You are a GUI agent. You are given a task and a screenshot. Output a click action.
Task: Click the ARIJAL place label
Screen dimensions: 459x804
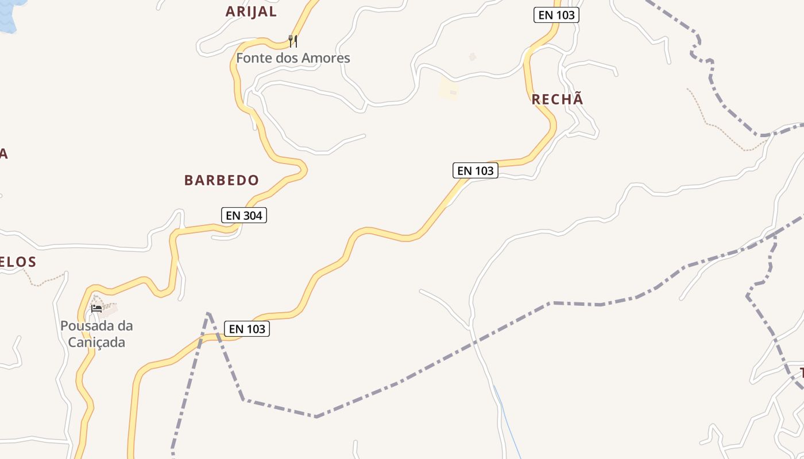coord(251,11)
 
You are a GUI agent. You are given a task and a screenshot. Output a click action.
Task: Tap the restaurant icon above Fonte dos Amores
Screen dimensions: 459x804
coord(293,41)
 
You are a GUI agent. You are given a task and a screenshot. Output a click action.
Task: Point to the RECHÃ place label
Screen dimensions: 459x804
coord(557,99)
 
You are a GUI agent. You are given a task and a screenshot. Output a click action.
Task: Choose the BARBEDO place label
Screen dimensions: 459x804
coord(222,180)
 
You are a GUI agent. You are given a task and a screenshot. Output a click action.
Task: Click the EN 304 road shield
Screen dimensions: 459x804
coord(244,215)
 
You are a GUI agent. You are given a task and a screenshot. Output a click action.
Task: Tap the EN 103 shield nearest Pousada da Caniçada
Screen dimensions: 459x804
coord(248,329)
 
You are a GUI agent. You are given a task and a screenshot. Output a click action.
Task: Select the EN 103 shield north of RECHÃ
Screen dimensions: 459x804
coord(556,15)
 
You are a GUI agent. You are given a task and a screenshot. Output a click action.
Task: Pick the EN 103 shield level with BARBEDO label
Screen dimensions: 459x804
coord(475,170)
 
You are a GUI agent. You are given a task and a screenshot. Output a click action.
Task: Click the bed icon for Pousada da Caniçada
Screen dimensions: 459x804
coord(96,309)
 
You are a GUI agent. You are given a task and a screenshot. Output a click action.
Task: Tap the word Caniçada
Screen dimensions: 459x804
coord(96,343)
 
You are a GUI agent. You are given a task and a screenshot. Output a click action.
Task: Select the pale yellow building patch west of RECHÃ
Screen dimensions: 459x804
coord(448,90)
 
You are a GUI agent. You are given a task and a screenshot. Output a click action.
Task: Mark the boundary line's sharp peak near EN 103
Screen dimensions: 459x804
coord(208,313)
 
